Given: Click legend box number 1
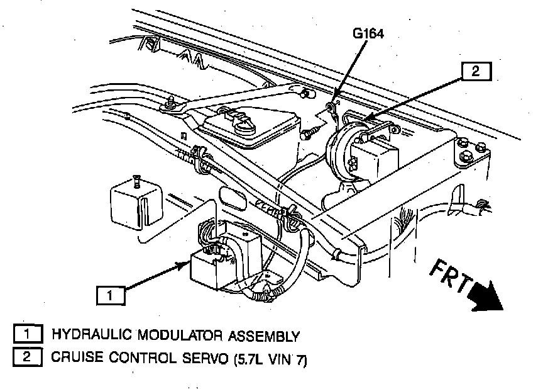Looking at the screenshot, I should [x=26, y=335].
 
